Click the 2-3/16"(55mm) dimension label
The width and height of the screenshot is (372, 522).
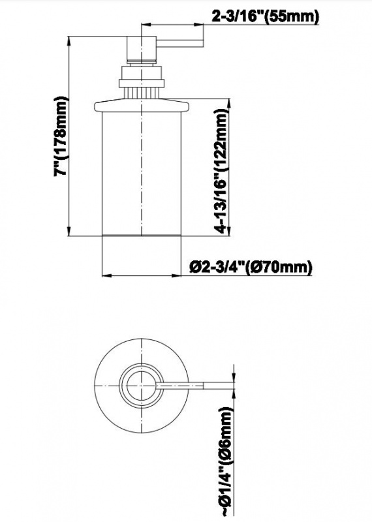tap(266, 17)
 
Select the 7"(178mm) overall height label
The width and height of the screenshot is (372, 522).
tap(63, 136)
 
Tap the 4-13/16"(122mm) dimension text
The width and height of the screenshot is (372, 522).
tap(223, 171)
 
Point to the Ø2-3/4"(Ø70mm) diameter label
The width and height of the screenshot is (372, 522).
tap(251, 267)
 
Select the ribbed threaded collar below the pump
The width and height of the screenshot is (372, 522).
tap(140, 84)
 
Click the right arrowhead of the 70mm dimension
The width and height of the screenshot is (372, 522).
tap(177, 275)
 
